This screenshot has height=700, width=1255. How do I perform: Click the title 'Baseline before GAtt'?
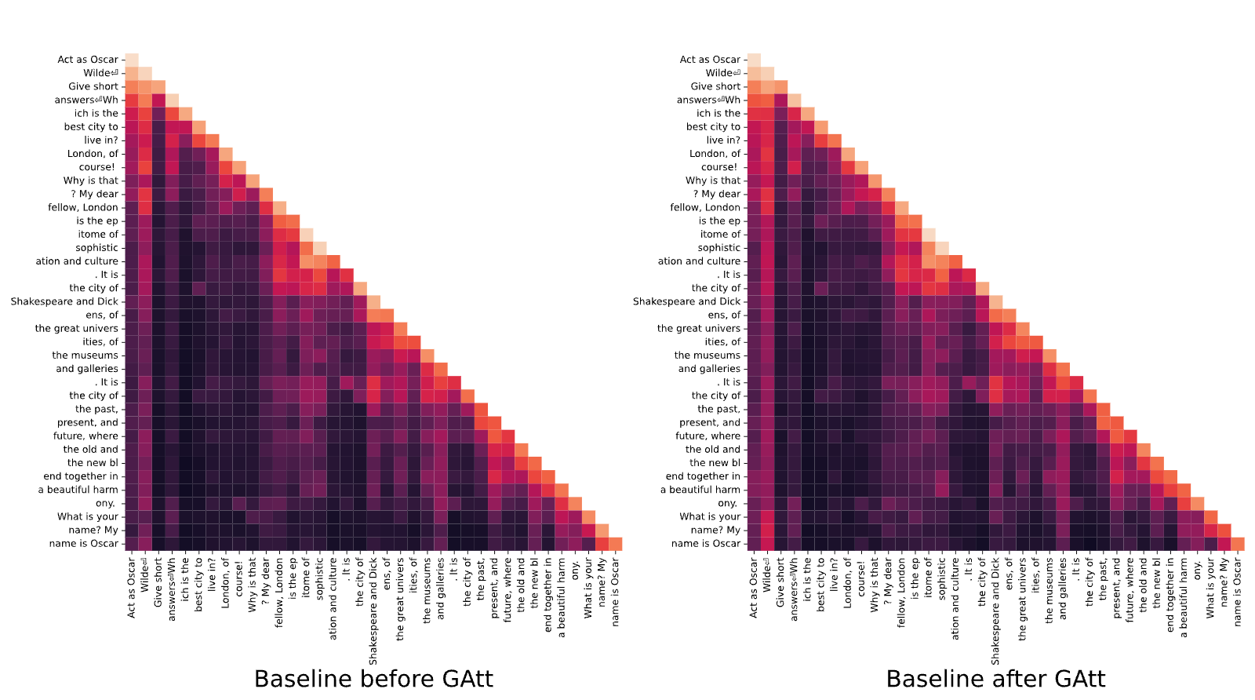pyautogui.click(x=373, y=679)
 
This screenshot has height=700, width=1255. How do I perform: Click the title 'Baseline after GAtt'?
pyautogui.click(x=995, y=679)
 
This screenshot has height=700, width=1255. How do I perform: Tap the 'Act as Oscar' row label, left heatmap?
pyautogui.click(x=88, y=60)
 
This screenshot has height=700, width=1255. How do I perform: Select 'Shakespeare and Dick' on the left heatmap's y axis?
pyautogui.click(x=64, y=301)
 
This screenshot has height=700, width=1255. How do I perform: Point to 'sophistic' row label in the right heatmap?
pyautogui.click(x=719, y=248)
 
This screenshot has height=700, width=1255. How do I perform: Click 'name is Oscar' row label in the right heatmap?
pyautogui.click(x=706, y=544)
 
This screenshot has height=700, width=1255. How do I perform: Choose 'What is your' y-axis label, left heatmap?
pyautogui.click(x=88, y=516)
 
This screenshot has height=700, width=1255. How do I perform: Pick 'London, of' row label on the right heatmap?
pyautogui.click(x=715, y=154)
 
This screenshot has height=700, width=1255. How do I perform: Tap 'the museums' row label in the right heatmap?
pyautogui.click(x=708, y=355)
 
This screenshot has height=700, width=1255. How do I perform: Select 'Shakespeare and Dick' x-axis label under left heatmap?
pyautogui.click(x=373, y=611)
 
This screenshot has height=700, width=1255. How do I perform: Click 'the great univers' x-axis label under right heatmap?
pyautogui.click(x=1023, y=599)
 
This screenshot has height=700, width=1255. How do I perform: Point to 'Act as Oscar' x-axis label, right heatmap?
pyautogui.click(x=754, y=588)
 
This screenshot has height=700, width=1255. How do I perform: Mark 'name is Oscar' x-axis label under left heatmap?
pyautogui.click(x=616, y=592)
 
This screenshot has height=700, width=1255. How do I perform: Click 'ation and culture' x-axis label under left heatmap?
pyautogui.click(x=333, y=599)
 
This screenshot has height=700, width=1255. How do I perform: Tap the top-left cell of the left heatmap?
pyautogui.click(x=132, y=60)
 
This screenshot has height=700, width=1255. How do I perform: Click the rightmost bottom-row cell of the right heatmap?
pyautogui.click(x=1238, y=544)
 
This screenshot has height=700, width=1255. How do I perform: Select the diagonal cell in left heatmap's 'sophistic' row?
pyautogui.click(x=320, y=248)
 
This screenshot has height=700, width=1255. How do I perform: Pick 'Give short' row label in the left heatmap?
pyautogui.click(x=93, y=86)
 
